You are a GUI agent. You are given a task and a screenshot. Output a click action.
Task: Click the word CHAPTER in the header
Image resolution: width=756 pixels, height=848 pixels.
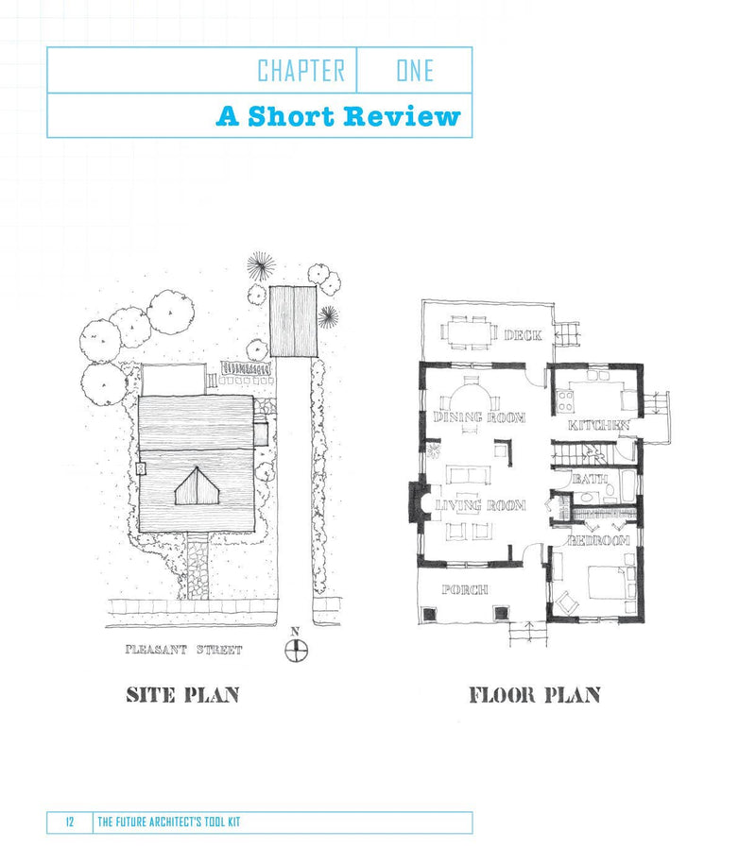click(301, 71)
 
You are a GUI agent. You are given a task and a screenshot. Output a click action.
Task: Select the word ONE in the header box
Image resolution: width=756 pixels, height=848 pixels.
click(414, 71)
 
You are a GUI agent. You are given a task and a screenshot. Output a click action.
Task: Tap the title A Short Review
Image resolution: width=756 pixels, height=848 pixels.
click(338, 116)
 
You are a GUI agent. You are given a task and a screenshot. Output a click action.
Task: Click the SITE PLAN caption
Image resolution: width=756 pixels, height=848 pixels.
click(182, 695)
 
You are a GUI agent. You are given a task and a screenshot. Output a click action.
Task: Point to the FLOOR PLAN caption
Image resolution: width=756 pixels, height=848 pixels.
click(534, 696)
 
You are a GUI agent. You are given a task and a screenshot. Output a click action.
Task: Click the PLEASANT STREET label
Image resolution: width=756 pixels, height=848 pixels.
click(184, 650)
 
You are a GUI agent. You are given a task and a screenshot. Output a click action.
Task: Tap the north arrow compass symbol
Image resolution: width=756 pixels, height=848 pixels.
click(297, 650)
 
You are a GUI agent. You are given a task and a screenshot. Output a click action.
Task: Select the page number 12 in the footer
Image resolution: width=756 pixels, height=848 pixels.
click(70, 823)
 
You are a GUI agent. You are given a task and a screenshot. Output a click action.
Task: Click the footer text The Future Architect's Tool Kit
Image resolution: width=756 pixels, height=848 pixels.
click(169, 823)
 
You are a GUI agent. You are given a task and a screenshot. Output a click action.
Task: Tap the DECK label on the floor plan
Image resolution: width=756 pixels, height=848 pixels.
click(522, 335)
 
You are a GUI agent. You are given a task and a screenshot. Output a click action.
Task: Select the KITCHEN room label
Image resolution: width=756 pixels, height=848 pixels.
click(598, 426)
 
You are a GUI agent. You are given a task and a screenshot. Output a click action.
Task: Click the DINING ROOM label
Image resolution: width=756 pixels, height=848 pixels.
click(478, 416)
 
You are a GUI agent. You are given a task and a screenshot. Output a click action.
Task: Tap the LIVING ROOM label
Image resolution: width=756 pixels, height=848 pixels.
click(479, 506)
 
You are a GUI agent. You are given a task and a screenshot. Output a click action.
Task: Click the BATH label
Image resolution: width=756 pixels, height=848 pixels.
click(589, 480)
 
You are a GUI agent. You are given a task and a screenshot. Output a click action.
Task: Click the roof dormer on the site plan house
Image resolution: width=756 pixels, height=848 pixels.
click(198, 486)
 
